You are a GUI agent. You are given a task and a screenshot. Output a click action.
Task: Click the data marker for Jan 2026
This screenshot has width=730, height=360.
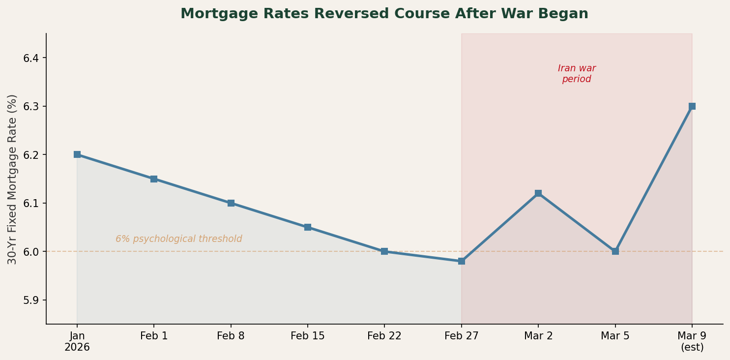click(x=77, y=154)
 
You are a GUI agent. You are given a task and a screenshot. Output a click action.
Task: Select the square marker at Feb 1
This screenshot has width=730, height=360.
click(x=154, y=179)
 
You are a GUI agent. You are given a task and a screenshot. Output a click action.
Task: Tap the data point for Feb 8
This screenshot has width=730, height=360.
click(x=231, y=203)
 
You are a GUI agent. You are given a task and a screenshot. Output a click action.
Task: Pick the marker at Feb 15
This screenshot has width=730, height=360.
click(x=308, y=227)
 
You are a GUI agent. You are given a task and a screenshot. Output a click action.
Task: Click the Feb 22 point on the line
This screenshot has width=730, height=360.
click(x=384, y=251)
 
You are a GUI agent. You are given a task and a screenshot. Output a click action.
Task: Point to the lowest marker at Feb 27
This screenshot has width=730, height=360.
click(x=462, y=261)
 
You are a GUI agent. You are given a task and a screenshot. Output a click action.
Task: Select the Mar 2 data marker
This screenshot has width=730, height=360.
click(x=538, y=193)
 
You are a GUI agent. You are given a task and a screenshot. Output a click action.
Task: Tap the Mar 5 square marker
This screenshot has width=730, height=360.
click(x=615, y=251)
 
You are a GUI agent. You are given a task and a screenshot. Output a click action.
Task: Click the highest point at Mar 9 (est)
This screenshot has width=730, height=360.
click(x=692, y=106)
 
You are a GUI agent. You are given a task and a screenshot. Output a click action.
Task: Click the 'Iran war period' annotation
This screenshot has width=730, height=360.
click(x=577, y=74)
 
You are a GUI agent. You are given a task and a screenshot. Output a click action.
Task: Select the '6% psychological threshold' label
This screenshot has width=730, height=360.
click(x=179, y=239)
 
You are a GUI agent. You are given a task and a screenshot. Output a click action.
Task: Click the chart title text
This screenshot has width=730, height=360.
click(x=384, y=14)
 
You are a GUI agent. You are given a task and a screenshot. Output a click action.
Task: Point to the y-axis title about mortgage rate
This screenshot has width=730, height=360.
click(x=13, y=179)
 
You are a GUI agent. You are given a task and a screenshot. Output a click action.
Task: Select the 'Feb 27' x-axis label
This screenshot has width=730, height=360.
click(x=462, y=336)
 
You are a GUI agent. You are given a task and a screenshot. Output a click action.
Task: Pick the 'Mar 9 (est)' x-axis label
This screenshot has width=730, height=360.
click(x=692, y=341)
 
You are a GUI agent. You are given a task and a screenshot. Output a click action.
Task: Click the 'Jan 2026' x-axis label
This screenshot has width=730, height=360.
click(x=77, y=341)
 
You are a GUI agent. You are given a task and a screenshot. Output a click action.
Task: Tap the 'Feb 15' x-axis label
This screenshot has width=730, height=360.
click(x=308, y=336)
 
